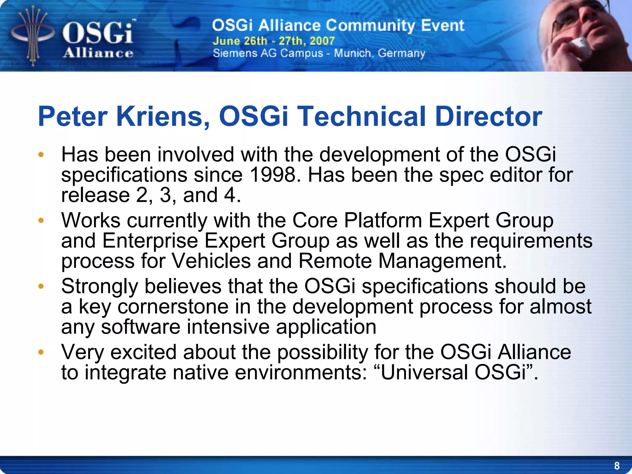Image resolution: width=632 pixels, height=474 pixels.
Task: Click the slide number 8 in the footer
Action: click(x=617, y=465)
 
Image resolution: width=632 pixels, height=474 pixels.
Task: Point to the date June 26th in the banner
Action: click(x=240, y=41)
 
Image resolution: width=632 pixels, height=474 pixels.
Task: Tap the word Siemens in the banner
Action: click(x=235, y=53)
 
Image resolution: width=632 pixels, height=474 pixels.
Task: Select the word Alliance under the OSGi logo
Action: click(x=98, y=53)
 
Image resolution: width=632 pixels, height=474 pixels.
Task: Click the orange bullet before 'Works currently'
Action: click(x=41, y=221)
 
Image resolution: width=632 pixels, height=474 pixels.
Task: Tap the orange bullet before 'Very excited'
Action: click(x=41, y=352)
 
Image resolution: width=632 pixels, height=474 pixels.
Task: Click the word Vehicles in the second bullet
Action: click(x=211, y=261)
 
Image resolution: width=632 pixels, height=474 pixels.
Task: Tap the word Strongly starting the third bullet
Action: click(x=99, y=286)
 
